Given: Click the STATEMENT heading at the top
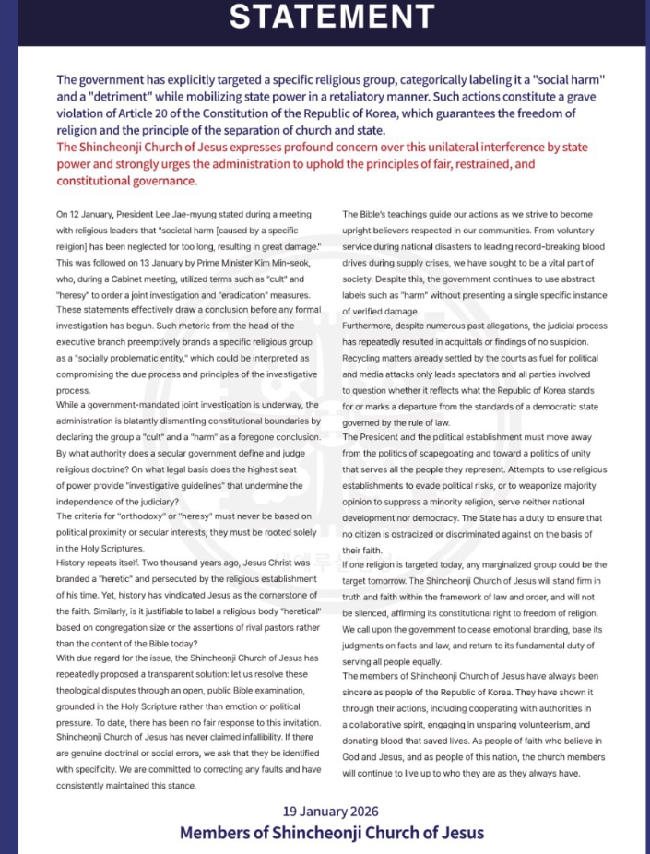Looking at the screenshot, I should coord(332,18).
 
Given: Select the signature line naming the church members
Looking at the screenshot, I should coord(332,833).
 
